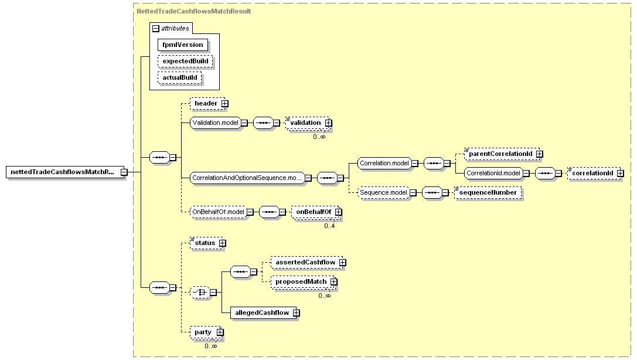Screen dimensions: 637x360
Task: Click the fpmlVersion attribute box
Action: pyautogui.click(x=183, y=45)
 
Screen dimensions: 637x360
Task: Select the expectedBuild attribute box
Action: pyautogui.click(x=185, y=62)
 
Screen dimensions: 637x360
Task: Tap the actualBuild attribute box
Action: pyautogui.click(x=179, y=77)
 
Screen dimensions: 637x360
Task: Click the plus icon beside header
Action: pyautogui.click(x=224, y=104)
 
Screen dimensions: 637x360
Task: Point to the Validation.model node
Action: pyautogui.click(x=215, y=123)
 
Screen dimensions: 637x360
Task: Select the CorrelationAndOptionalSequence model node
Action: pyautogui.click(x=247, y=178)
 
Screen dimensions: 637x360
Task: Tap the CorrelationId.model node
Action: pyautogui.click(x=493, y=173)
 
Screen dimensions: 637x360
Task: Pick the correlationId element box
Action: pyautogui.click(x=595, y=173)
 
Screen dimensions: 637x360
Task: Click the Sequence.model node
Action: pyautogui.click(x=383, y=192)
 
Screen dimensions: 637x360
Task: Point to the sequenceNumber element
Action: pyautogui.click(x=488, y=192)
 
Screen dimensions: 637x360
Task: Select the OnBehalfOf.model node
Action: pyautogui.click(x=218, y=212)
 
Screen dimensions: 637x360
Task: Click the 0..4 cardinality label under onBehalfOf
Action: pyautogui.click(x=329, y=226)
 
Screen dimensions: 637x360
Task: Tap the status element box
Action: pyautogui.click(x=208, y=243)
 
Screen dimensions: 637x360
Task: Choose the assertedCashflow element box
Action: pyautogui.click(x=308, y=263)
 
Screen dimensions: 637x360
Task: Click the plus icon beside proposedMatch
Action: pyautogui.click(x=333, y=282)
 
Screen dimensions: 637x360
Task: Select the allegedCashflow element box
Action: pyautogui.click(x=265, y=313)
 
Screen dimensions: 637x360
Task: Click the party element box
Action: pyautogui.click(x=206, y=332)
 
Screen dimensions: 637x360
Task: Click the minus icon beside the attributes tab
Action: pyautogui.click(x=156, y=29)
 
